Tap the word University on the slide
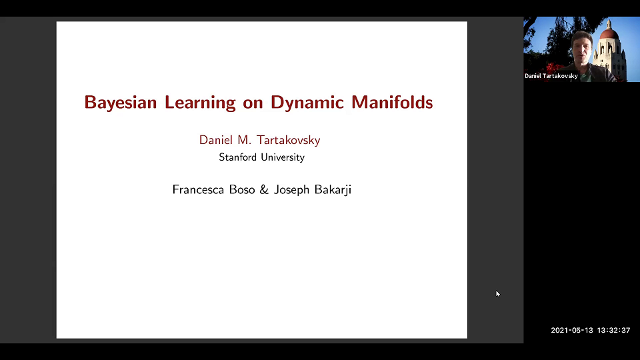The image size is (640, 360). pyautogui.click(x=283, y=158)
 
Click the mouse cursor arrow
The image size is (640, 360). pyautogui.click(x=497, y=293)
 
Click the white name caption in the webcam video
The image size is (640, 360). pyautogui.click(x=551, y=76)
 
